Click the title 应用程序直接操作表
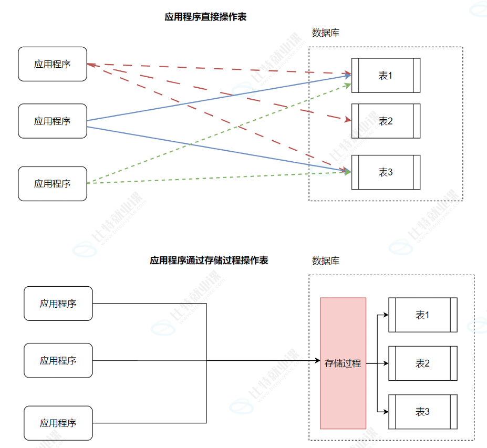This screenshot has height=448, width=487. tap(205, 17)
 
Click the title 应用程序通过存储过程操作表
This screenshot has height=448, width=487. tap(209, 261)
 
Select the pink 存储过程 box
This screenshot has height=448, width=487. tap(343, 363)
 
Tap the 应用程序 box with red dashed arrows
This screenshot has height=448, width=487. tap(53, 64)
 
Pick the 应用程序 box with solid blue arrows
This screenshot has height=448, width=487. tap(53, 121)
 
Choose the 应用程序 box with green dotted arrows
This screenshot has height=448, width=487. tap(53, 183)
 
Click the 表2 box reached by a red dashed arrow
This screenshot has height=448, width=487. tap(386, 121)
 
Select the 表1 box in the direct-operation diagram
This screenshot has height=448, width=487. tap(386, 75)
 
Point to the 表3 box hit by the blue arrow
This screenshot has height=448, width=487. tap(386, 172)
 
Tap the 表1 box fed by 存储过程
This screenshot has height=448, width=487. tap(423, 315)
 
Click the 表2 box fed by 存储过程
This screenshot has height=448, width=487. tap(423, 363)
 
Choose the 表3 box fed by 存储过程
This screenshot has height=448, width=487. tap(423, 412)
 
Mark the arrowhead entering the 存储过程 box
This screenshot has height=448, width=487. tap(317, 361)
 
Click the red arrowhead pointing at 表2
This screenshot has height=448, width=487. tap(348, 120)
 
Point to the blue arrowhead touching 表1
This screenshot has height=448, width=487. tap(348, 76)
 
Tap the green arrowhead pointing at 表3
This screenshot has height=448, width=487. tap(348, 172)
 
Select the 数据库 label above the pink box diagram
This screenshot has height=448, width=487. tap(326, 261)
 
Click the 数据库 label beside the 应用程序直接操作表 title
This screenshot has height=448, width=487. tap(326, 33)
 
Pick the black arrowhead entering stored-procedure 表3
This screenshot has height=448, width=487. tap(386, 412)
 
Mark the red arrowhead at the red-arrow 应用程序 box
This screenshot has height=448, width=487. tap(90, 65)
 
